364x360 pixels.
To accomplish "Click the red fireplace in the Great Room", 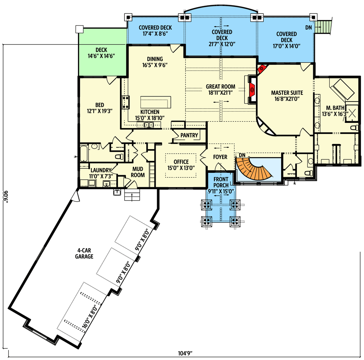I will [252, 89].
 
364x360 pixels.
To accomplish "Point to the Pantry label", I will [189, 135].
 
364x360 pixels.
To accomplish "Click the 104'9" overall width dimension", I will [185, 353].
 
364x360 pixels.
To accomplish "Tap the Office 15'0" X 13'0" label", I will [181, 165].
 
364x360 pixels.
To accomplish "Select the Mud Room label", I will [138, 172].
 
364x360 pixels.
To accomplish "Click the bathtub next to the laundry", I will [84, 154].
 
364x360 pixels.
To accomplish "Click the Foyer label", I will [220, 157].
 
